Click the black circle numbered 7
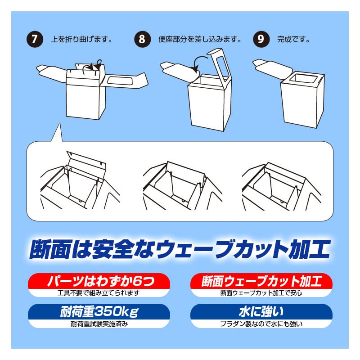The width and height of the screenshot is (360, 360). click(35, 39)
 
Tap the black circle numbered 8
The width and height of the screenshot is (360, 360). click(142, 39)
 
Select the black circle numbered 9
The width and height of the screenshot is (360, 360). click(261, 39)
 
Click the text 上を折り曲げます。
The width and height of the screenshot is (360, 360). click(81, 40)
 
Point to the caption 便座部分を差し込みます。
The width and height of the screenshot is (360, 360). click(200, 40)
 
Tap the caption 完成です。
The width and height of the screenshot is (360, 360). click(293, 40)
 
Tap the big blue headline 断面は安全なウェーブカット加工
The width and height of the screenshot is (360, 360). click(180, 249)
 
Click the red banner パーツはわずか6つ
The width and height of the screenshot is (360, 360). click(99, 281)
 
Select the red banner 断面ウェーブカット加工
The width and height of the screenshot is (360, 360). click(261, 281)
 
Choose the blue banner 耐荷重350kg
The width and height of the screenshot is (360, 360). click(99, 311)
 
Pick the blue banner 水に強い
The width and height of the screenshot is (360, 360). click(261, 311)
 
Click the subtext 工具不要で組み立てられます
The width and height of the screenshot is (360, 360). click(99, 293)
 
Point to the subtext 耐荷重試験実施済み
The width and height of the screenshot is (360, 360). click(99, 324)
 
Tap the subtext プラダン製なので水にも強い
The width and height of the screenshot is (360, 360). click(261, 324)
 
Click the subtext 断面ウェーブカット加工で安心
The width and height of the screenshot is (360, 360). click(261, 293)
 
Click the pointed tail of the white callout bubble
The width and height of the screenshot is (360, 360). click(60, 124)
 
